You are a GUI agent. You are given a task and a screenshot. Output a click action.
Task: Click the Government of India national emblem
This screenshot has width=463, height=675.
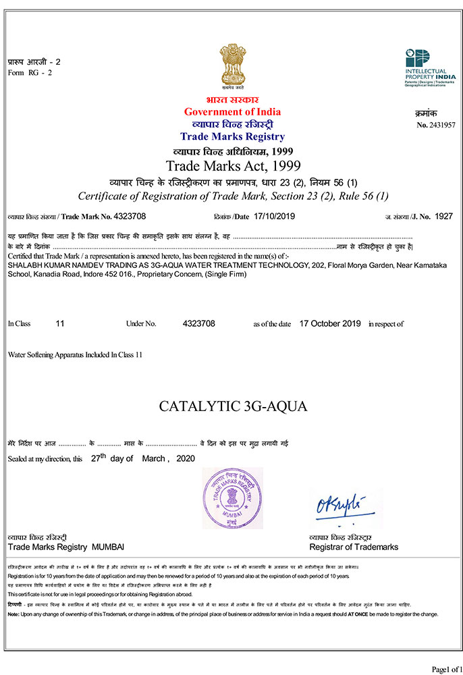(231, 65)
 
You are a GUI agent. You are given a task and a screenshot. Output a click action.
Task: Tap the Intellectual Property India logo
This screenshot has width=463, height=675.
(426, 68)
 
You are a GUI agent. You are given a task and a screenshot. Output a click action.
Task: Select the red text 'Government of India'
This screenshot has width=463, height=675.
(232, 111)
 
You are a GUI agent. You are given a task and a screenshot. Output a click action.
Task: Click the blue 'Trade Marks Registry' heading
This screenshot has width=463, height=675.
(233, 136)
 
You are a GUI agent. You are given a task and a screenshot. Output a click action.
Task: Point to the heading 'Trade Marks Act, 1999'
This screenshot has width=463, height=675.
(233, 165)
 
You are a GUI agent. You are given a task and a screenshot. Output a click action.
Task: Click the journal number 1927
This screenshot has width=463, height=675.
(443, 216)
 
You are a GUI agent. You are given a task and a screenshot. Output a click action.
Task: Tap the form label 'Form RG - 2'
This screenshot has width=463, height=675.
(30, 72)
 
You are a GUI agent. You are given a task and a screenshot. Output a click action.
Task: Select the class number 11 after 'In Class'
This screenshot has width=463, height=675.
(60, 324)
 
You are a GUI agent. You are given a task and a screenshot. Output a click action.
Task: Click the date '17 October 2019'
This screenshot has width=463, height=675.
(330, 324)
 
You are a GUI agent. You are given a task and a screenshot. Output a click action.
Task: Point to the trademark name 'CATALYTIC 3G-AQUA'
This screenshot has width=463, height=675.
(233, 406)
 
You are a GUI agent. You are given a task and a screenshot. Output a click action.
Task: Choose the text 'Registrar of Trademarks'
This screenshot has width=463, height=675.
(354, 547)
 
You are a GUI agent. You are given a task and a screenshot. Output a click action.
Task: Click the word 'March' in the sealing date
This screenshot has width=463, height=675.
(154, 458)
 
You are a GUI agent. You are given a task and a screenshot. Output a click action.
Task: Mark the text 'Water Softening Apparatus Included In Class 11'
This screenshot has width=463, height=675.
(76, 354)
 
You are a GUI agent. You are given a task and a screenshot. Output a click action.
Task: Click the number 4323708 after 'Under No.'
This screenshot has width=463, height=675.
(198, 324)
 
